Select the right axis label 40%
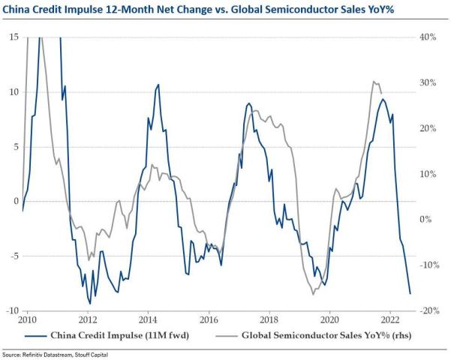429,37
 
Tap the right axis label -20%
428,310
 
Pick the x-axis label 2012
83,318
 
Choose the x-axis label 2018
269,318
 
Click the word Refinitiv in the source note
39,354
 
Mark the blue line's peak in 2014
158,85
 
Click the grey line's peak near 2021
374,81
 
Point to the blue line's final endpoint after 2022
410,293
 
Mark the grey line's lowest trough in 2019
313,295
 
